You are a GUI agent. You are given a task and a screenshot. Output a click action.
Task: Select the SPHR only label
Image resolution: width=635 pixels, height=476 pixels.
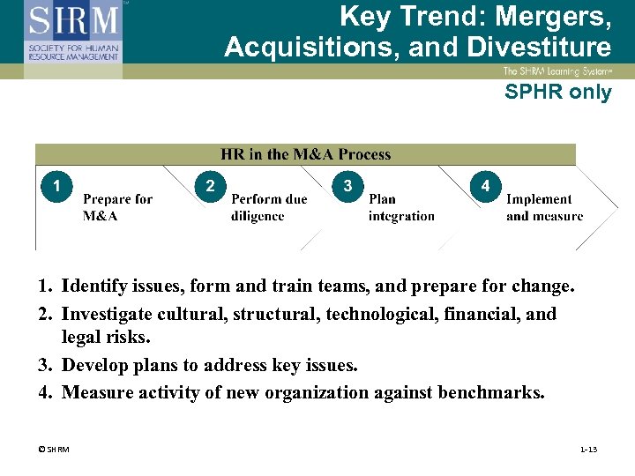tap(557, 92)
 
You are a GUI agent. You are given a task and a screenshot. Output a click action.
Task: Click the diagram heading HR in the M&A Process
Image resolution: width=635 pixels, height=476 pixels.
tap(305, 154)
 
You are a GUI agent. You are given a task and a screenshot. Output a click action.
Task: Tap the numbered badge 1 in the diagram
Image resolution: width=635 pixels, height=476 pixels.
tap(56, 186)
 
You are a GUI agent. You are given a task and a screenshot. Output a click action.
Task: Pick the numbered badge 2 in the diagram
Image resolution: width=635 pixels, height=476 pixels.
tap(209, 186)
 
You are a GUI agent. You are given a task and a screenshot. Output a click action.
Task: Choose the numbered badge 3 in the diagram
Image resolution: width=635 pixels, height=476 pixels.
tap(348, 186)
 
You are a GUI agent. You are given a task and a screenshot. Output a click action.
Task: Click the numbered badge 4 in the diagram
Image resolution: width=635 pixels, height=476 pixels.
tap(485, 186)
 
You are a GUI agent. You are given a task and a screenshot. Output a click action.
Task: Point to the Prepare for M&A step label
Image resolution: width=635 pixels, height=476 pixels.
tap(117, 207)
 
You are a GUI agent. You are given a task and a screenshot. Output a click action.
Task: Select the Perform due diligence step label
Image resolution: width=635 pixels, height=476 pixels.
tap(269, 207)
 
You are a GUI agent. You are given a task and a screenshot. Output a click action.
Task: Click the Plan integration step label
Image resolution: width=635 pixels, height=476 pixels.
tap(401, 207)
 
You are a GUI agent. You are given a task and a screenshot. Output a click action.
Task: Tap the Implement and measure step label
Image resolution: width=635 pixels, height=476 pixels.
tap(544, 207)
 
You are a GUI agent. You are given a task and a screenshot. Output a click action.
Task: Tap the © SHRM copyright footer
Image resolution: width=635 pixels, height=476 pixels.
tap(53, 450)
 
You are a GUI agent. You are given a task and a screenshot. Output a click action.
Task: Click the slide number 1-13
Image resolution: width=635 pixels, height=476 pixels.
tap(588, 450)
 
